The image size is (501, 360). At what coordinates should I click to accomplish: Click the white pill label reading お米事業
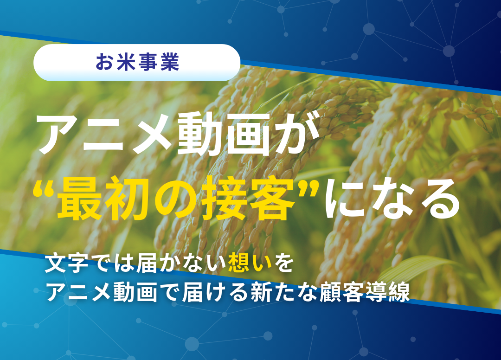click(137, 62)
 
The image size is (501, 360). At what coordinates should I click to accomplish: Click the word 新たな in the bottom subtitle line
click(284, 292)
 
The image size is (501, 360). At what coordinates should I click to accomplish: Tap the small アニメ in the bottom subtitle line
click(79, 292)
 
